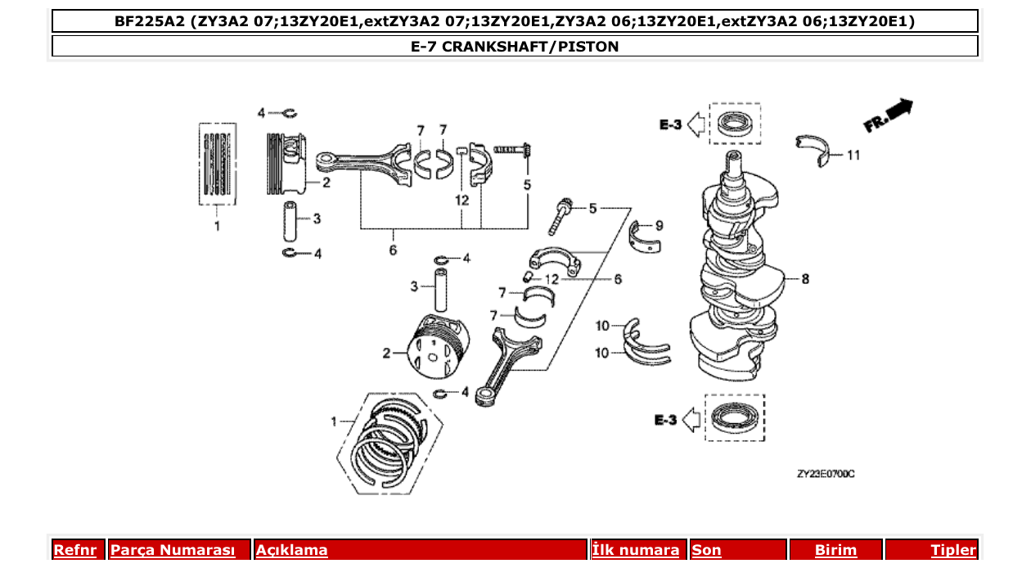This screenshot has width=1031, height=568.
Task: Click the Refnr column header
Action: (x=75, y=550)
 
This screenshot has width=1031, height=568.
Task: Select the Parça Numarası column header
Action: (x=173, y=550)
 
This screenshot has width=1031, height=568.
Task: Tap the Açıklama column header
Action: (x=292, y=550)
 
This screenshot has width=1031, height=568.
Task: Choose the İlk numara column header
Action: (x=636, y=550)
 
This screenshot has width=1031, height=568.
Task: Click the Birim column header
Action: (x=835, y=550)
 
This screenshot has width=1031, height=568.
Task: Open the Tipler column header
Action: (x=952, y=550)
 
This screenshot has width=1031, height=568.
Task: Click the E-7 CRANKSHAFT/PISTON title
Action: (x=515, y=47)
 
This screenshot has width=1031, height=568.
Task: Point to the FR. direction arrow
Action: (x=889, y=115)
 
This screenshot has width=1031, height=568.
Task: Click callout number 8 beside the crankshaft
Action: (x=805, y=279)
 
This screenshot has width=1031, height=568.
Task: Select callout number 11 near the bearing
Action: (x=853, y=155)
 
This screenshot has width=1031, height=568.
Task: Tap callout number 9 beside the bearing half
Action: (x=659, y=225)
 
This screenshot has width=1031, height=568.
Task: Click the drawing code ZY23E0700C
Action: (x=826, y=474)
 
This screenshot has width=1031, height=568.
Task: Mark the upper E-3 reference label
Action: (x=670, y=124)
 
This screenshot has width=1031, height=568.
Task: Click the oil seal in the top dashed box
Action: (x=734, y=124)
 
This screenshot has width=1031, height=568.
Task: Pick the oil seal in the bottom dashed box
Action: (x=734, y=418)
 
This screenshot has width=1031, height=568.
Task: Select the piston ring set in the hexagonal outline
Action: (x=390, y=442)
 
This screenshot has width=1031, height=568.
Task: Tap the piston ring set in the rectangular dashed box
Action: (x=218, y=163)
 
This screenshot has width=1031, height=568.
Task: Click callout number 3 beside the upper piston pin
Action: (x=317, y=219)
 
